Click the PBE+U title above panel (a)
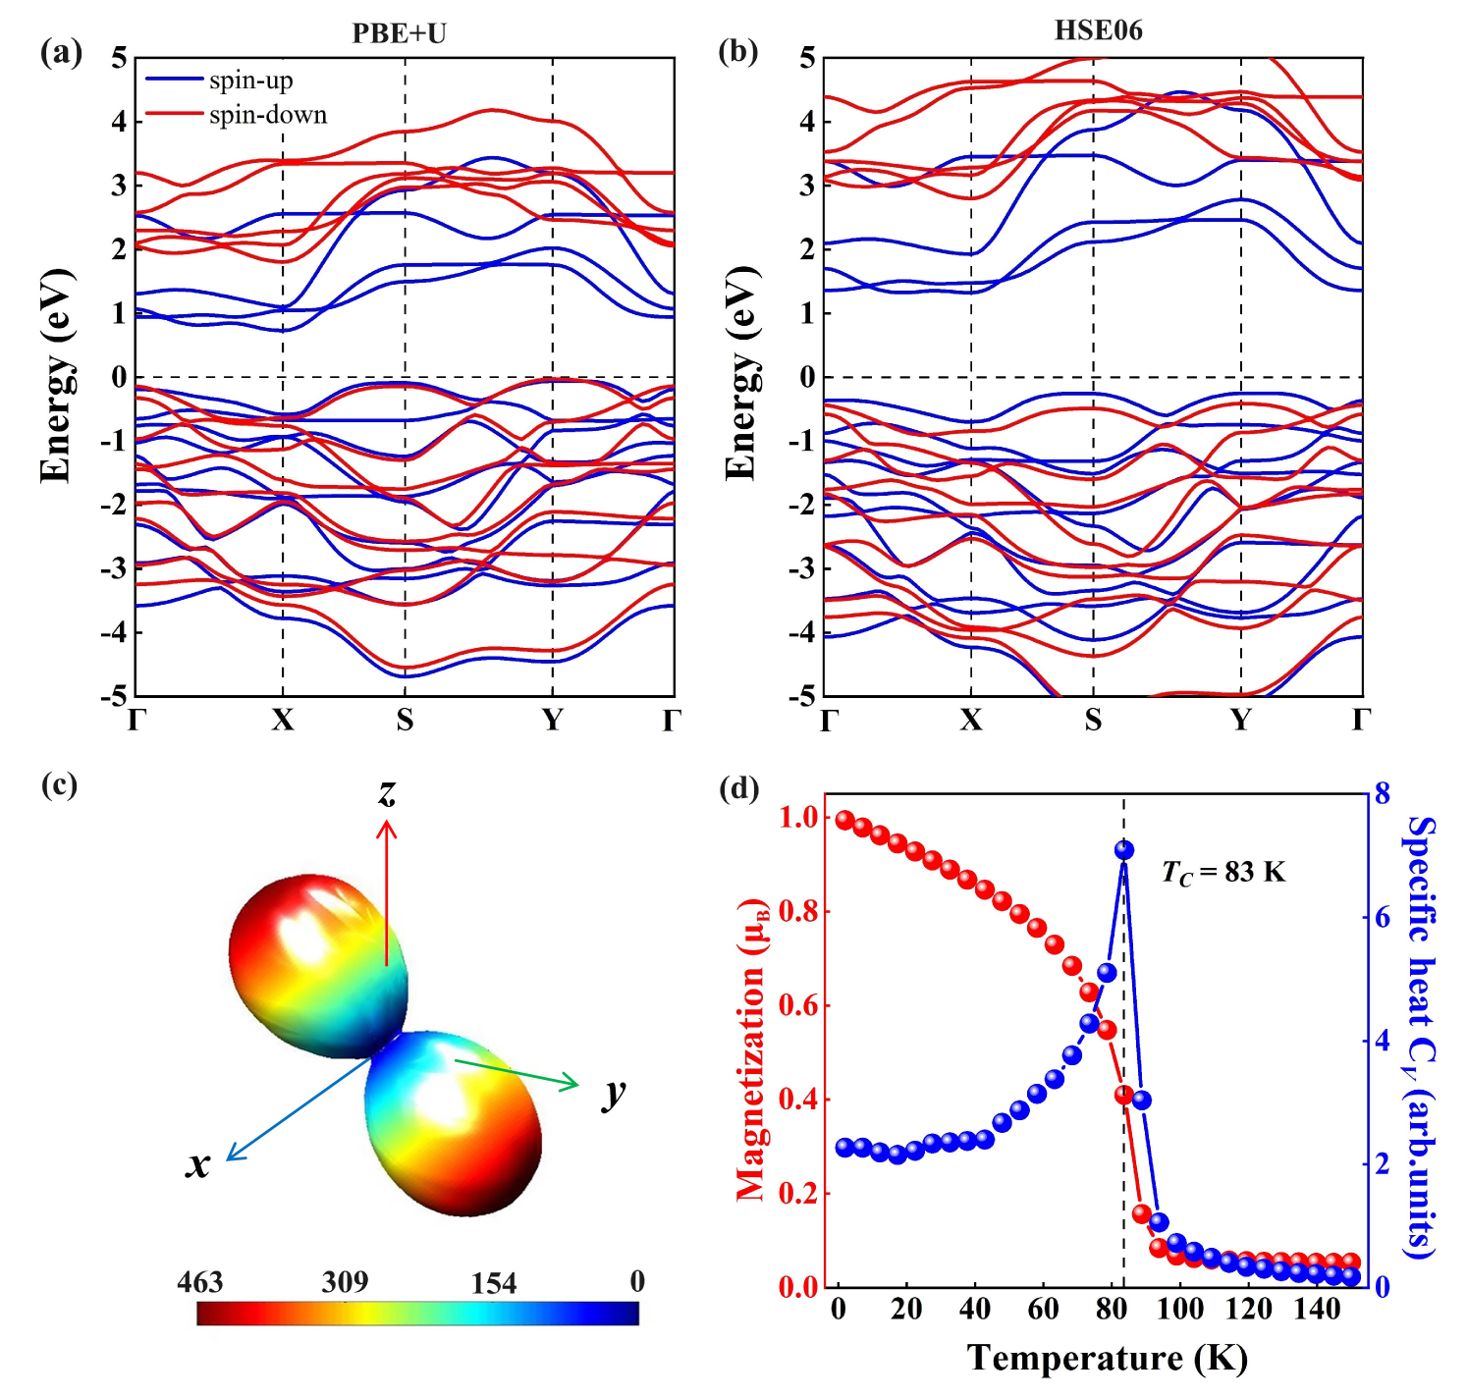(399, 33)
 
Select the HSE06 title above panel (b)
(1098, 30)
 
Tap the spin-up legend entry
(250, 81)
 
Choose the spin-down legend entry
(267, 115)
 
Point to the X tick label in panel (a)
(283, 721)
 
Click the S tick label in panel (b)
(1093, 721)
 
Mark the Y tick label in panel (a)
(553, 721)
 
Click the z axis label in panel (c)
(387, 791)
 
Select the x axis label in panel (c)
(198, 1163)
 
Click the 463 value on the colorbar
(200, 1282)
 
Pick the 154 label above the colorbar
(493, 1283)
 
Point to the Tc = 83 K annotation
(1223, 872)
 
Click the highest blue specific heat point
(1124, 850)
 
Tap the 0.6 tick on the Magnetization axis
(798, 1005)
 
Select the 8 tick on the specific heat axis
(1382, 794)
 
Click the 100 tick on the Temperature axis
(1179, 1309)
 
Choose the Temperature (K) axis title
(1107, 1358)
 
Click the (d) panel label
(738, 787)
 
